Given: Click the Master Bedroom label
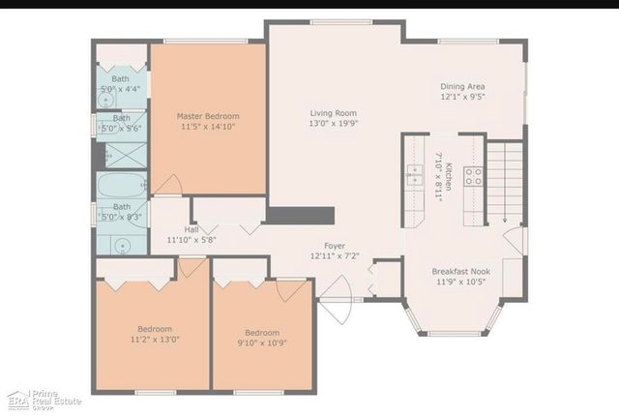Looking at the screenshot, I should [208, 116].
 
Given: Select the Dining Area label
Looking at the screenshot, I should [461, 86].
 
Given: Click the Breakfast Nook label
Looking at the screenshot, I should [460, 272].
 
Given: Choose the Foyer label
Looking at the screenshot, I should [335, 246].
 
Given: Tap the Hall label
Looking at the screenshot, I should [191, 229].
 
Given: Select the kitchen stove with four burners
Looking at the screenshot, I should [474, 176].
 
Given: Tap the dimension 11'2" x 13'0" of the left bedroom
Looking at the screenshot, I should [154, 340].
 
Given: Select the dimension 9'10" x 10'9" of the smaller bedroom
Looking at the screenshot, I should [261, 342].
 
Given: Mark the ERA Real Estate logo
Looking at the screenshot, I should [44, 400].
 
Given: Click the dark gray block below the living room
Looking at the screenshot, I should [300, 215].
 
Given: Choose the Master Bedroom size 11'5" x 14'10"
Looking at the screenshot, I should [208, 127].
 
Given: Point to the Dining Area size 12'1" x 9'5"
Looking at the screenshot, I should [461, 97].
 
